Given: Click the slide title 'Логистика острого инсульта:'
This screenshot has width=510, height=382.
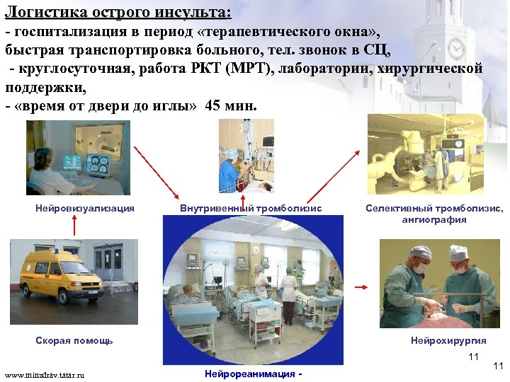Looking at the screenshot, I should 118,12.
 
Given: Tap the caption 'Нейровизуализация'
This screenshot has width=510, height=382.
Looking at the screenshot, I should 85,208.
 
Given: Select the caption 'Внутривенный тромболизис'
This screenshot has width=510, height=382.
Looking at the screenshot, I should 251,208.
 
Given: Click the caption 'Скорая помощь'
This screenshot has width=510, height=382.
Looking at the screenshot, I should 74,340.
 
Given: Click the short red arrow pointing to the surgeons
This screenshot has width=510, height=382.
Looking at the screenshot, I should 360,286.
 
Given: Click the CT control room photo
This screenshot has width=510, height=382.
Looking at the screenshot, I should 78,157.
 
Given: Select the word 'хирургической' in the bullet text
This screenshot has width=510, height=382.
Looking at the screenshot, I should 433,69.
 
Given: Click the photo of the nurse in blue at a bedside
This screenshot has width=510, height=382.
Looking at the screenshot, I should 246,155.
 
